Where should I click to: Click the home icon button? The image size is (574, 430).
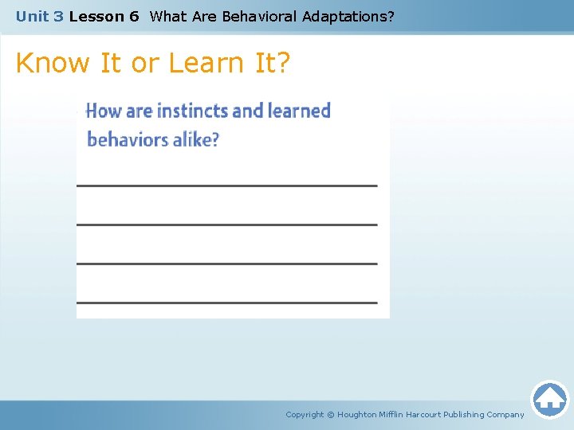click(x=549, y=398)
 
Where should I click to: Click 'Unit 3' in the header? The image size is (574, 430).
click(x=39, y=16)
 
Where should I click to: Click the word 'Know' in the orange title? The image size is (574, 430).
click(x=54, y=63)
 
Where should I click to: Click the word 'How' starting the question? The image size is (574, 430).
click(x=104, y=111)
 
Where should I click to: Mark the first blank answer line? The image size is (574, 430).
click(x=226, y=186)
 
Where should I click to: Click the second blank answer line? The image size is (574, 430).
click(x=226, y=225)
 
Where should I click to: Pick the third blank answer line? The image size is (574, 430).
click(x=226, y=264)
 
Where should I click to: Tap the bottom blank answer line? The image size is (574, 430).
click(x=226, y=303)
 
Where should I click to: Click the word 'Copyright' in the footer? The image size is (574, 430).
click(x=305, y=414)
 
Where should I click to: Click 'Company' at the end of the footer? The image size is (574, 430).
click(x=505, y=414)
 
